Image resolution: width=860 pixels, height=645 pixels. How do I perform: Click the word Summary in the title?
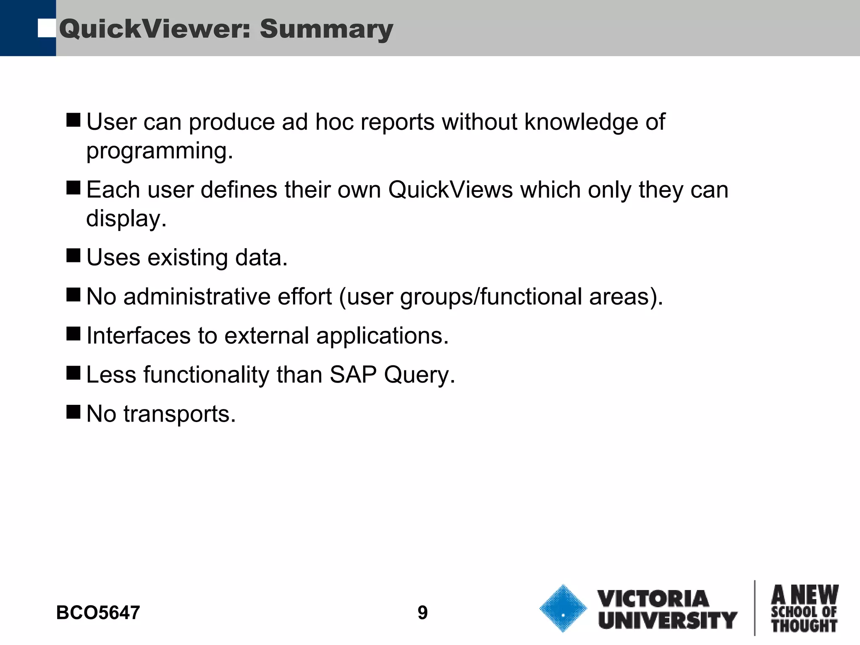[x=326, y=29]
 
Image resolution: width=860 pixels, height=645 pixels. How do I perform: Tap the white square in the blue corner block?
[x=47, y=28]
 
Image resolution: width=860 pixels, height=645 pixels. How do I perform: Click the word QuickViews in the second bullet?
[x=450, y=190]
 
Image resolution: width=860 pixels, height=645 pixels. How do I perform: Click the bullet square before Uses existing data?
[x=73, y=255]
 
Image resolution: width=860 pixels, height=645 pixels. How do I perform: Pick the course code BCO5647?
[x=98, y=613]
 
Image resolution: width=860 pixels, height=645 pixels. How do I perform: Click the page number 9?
[x=422, y=613]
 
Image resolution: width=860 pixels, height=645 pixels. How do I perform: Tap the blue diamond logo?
[x=563, y=608]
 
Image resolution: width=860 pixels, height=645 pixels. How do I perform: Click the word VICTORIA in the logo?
[x=653, y=599]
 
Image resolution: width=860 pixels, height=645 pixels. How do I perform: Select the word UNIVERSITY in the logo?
[x=668, y=620]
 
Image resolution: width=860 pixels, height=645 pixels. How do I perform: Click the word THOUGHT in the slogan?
[x=804, y=626]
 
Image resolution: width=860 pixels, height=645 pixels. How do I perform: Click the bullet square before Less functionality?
[x=73, y=372]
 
